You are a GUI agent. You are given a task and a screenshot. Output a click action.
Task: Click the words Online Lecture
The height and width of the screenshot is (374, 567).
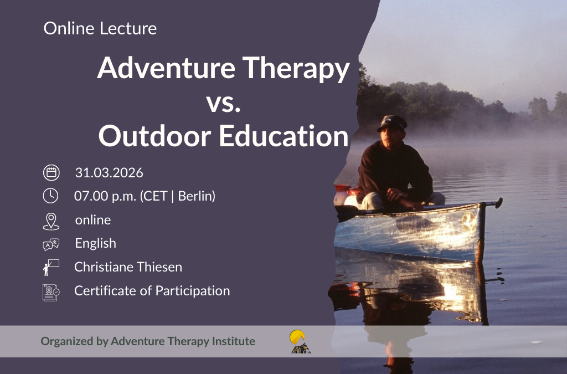[x=100, y=29]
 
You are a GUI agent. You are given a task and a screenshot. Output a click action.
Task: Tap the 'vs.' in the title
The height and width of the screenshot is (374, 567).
[x=223, y=103]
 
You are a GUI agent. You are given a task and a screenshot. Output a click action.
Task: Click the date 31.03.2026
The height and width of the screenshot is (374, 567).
[x=109, y=173]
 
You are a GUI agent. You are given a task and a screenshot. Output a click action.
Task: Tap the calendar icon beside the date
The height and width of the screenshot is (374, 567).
[x=51, y=173]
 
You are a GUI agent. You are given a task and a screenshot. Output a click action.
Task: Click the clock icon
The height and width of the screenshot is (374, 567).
[x=50, y=196]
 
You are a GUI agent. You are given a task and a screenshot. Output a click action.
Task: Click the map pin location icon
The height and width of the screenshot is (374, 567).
[x=50, y=221]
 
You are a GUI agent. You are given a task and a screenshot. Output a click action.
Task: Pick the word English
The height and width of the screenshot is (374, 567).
[x=95, y=243]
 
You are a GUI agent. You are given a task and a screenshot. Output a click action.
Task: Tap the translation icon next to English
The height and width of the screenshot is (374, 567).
[x=51, y=244]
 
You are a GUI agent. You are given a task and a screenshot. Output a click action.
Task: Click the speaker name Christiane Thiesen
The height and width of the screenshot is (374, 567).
[x=128, y=267]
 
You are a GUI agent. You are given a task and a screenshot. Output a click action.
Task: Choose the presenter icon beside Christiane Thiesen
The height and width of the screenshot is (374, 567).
[x=50, y=268]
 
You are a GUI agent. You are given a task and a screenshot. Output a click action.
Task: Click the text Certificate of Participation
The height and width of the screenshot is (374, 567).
[x=152, y=291]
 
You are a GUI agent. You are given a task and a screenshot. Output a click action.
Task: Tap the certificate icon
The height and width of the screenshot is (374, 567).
[x=51, y=292]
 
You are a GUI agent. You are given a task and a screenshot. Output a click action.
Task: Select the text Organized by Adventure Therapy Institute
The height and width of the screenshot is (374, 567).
[x=148, y=341]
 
